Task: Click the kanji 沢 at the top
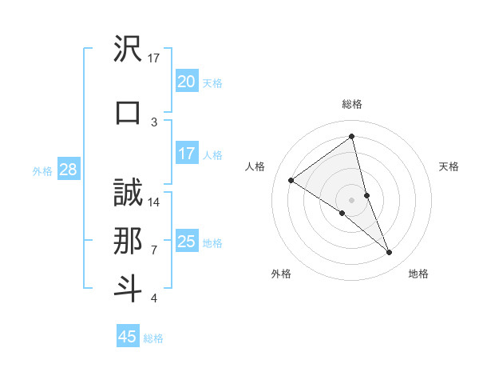(128, 50)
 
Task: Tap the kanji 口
(128, 111)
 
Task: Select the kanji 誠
(128, 194)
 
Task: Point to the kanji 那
(128, 240)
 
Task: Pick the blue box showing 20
(186, 82)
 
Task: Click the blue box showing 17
(186, 154)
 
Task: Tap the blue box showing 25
(186, 242)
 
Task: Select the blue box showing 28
(67, 170)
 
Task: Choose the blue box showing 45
(128, 337)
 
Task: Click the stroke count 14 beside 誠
(154, 202)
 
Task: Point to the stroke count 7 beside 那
(154, 250)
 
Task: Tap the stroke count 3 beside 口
(154, 122)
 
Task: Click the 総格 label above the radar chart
(352, 104)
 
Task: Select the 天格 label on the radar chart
(449, 166)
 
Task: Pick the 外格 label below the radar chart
(281, 274)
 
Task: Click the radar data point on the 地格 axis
(390, 253)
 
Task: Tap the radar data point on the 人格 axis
(291, 180)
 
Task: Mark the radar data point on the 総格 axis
(352, 137)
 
